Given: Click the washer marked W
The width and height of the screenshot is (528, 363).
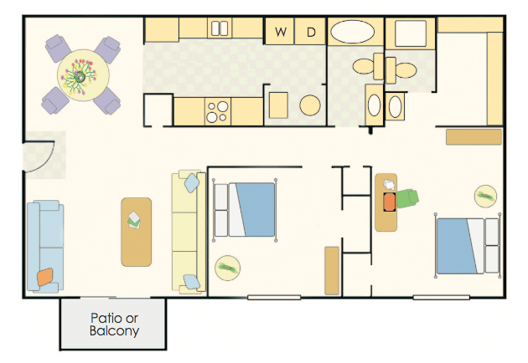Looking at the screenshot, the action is click(280, 31).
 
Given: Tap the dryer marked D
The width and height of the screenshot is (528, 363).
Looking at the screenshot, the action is click(310, 31).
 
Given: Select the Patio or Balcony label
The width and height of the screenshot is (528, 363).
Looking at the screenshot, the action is click(114, 325).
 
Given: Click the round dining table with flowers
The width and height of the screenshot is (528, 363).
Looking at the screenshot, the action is click(83, 75).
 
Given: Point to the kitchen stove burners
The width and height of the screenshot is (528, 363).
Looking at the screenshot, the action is click(218, 111).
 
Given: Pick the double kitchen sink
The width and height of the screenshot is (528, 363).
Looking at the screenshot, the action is click(220, 28).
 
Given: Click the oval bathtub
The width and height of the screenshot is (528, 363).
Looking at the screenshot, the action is click(352, 32).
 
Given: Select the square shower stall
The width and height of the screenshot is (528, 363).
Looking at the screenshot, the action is click(411, 33).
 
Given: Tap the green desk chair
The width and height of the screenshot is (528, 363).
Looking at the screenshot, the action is click(407, 198).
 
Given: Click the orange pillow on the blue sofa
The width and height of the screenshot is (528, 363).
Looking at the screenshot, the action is click(45, 277).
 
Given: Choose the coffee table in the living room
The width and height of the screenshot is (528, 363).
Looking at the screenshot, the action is click(136, 232).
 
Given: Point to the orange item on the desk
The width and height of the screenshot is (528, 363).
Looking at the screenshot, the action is click(389, 202).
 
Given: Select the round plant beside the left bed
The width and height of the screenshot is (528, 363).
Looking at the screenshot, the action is click(227, 268).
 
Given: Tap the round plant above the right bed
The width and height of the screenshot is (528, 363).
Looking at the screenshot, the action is click(485, 196).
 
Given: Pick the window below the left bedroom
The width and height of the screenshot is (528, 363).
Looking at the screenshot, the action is click(274, 298).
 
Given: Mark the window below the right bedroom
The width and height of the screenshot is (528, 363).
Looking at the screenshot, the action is click(441, 298).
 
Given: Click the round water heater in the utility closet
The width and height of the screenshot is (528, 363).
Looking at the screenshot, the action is click(310, 105).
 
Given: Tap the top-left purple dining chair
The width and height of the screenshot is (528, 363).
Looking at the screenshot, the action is click(58, 48).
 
